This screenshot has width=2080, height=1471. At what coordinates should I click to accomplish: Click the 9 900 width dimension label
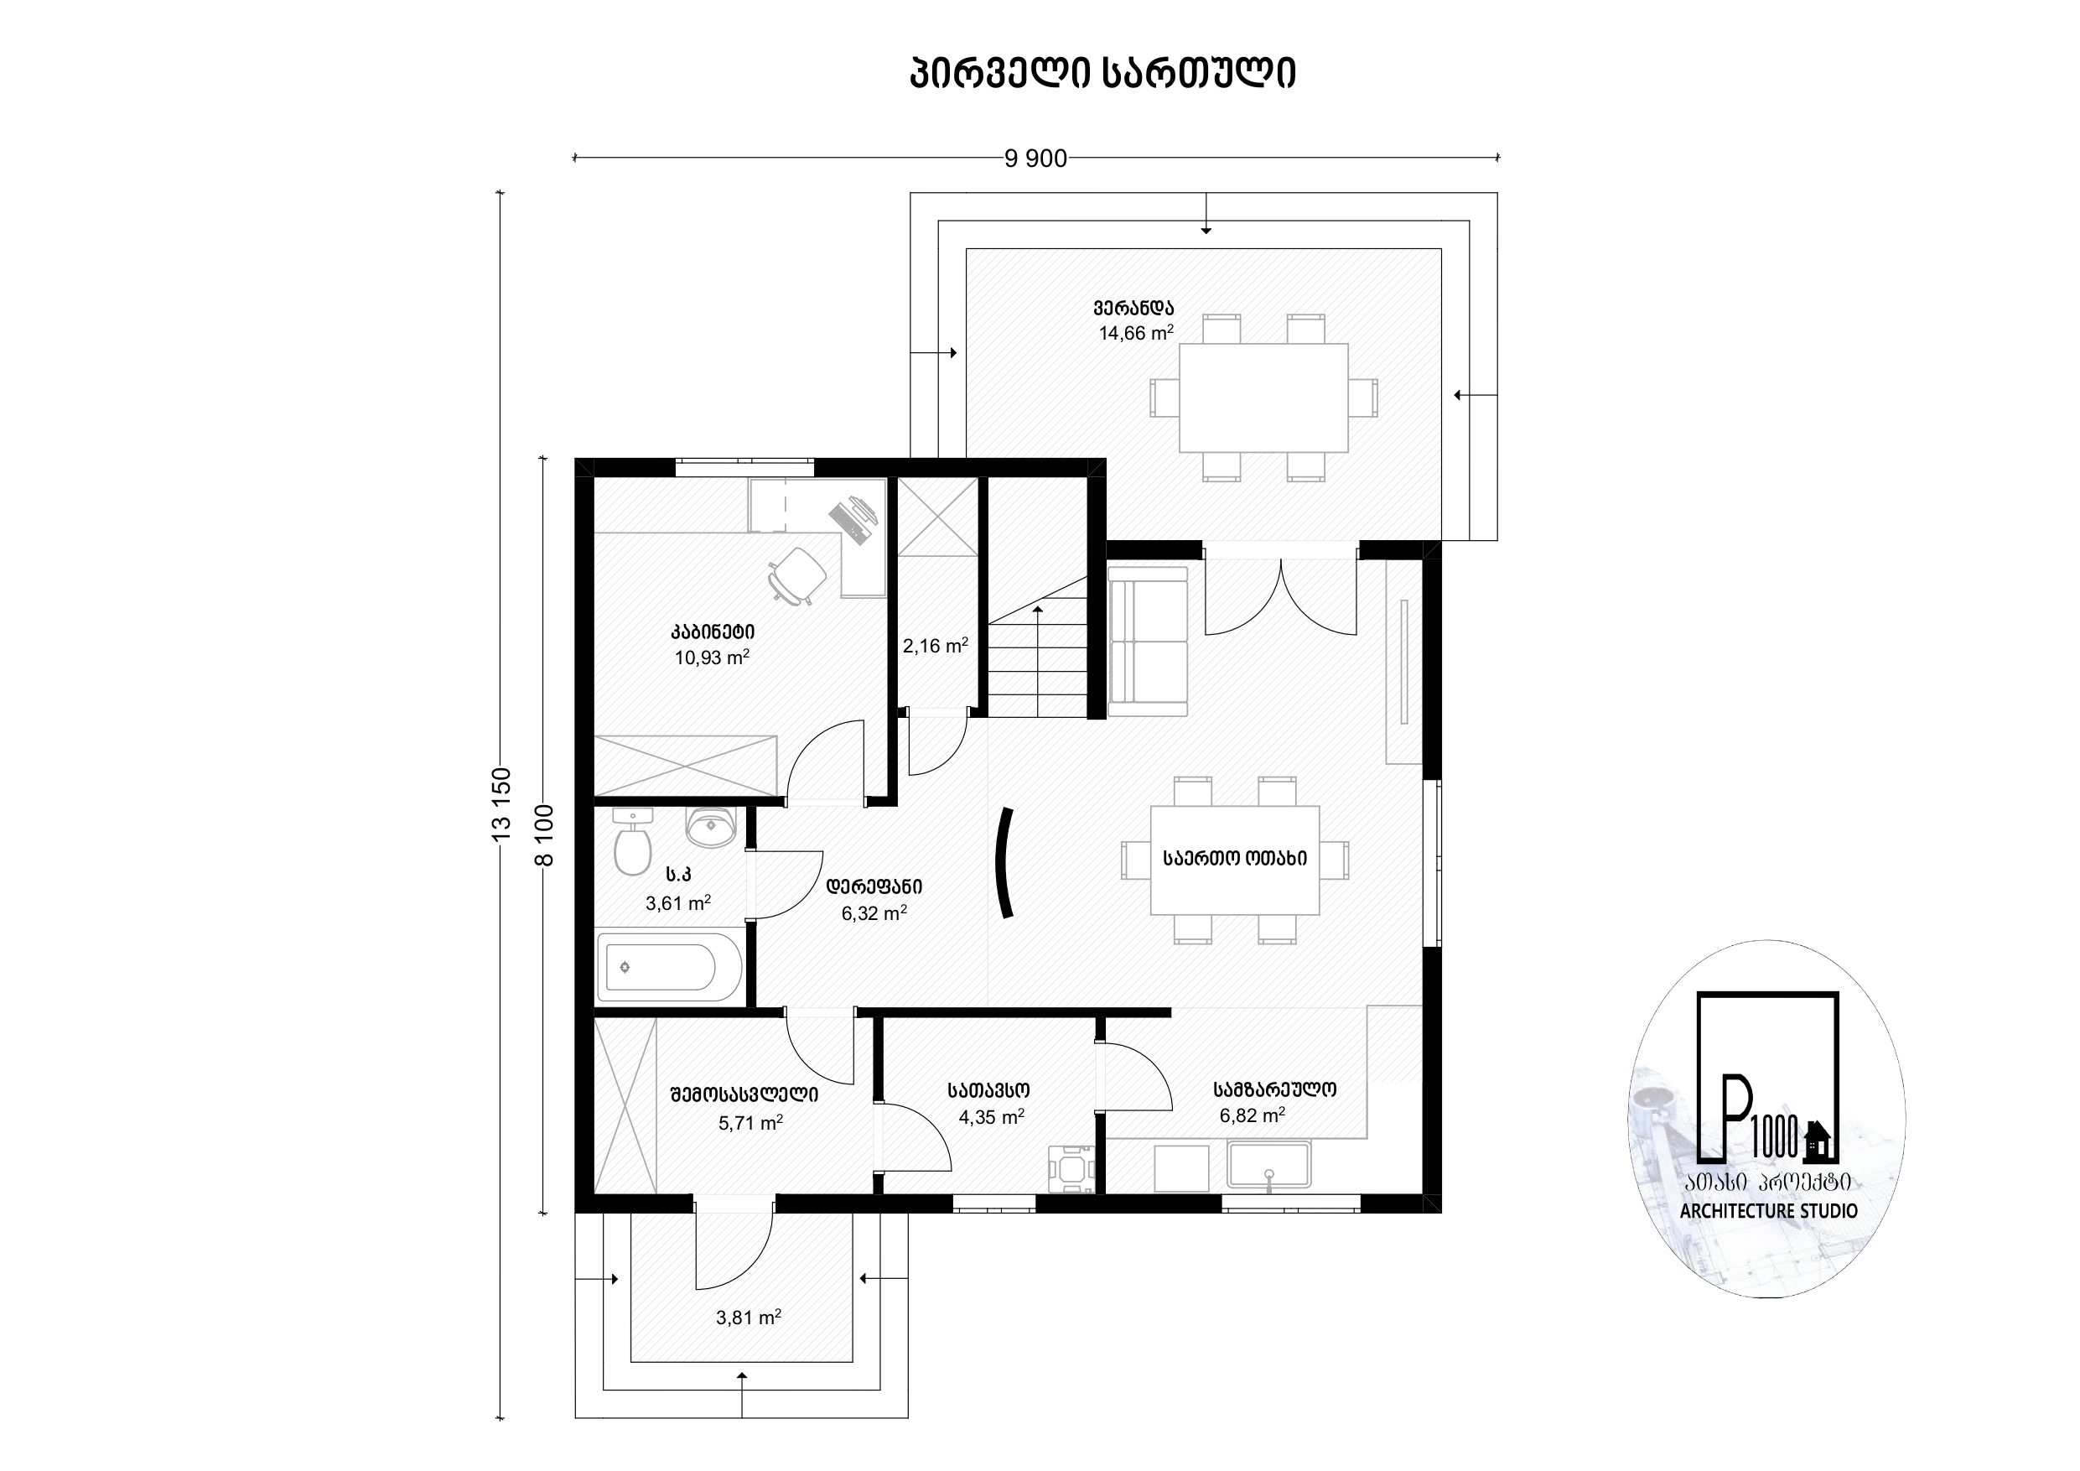[1035, 159]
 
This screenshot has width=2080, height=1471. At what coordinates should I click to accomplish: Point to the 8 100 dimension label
[543, 834]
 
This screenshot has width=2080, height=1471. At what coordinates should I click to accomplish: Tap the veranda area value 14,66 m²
[1136, 333]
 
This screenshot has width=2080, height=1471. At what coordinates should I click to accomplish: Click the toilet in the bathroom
[632, 841]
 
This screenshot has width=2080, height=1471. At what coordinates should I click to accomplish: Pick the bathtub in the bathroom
[668, 967]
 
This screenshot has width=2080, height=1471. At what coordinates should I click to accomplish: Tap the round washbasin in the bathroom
[711, 826]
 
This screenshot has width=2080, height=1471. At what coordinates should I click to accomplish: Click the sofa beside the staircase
[1148, 642]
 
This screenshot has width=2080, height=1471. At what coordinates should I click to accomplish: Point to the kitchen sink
[1269, 1166]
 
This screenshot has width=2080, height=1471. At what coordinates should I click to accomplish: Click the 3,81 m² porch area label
[749, 1318]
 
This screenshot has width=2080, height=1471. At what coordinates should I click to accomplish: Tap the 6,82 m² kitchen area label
[1252, 1115]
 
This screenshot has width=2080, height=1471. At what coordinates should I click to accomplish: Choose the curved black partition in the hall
[1003, 863]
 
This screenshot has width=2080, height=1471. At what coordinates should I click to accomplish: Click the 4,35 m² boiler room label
[991, 1116]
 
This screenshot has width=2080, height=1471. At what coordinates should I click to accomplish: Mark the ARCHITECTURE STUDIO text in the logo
[1768, 1211]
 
